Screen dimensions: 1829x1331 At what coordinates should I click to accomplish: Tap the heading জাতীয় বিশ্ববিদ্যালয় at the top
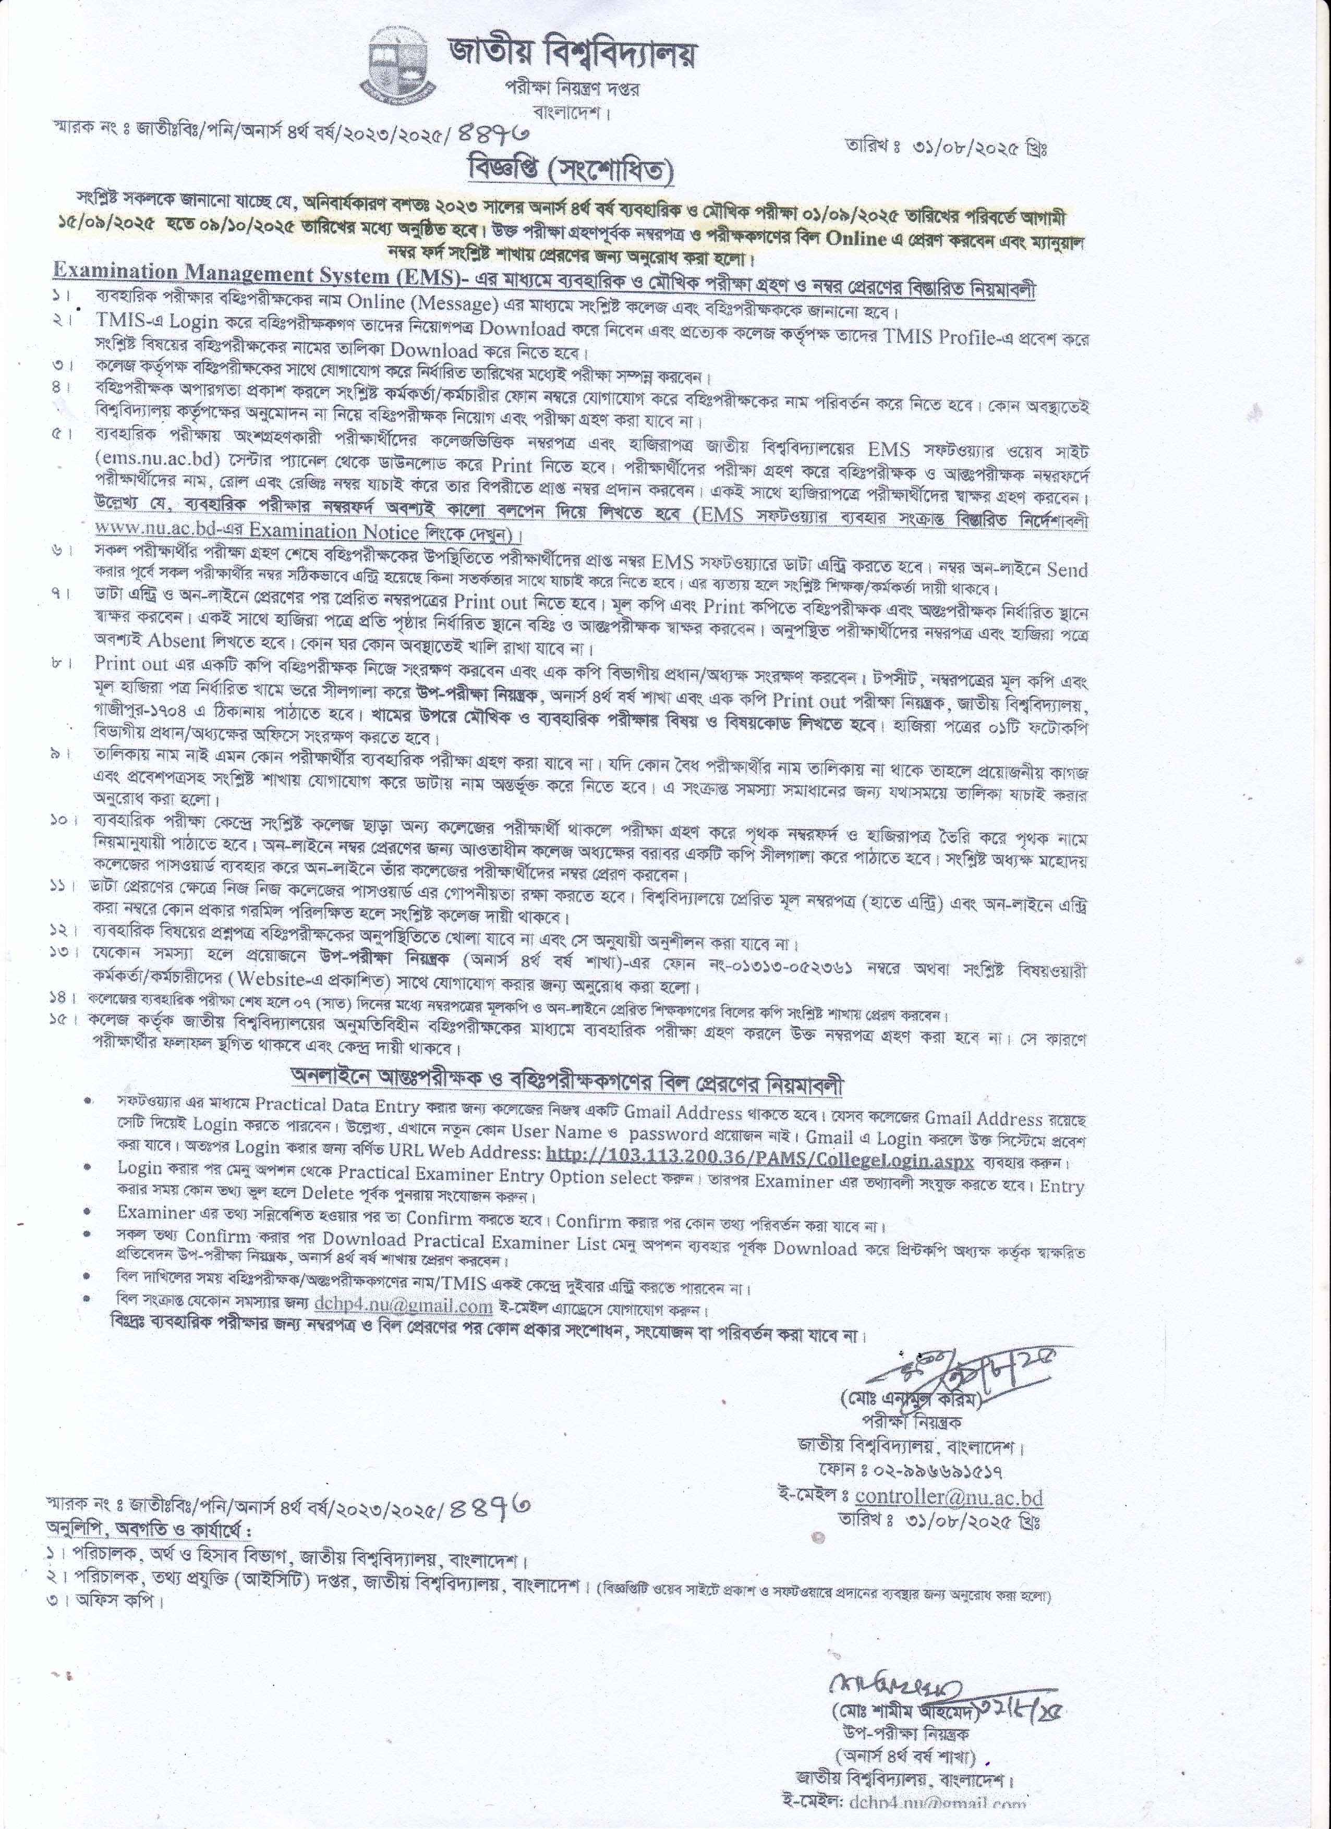(571, 56)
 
